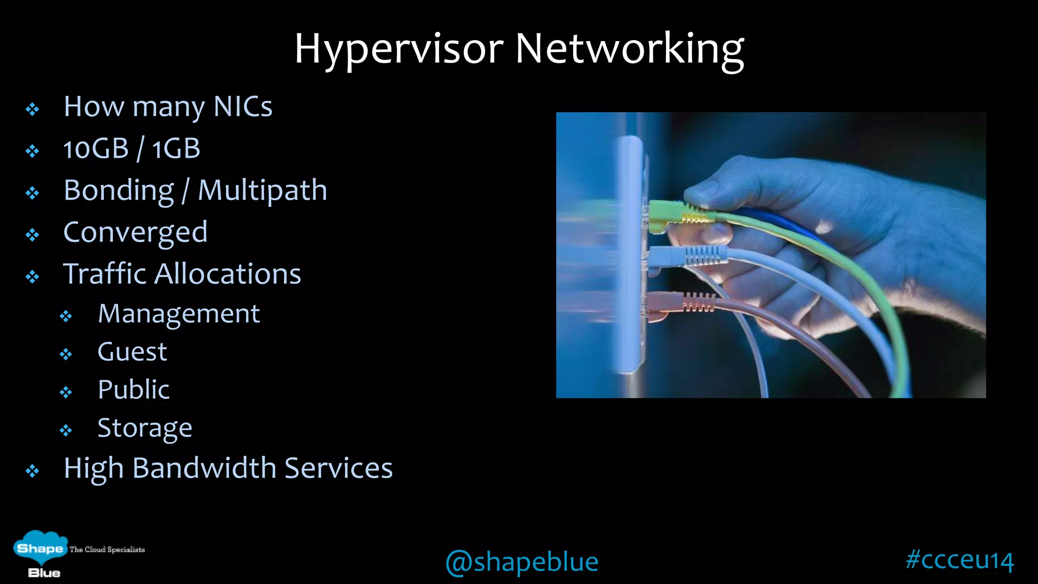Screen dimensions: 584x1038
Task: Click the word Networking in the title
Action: point(629,49)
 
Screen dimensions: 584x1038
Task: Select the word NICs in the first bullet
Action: point(243,107)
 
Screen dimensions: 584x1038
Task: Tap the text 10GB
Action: point(96,149)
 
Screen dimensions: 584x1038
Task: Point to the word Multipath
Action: point(262,191)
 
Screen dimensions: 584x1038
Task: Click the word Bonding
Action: point(119,191)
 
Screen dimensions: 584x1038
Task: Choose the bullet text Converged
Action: point(135,233)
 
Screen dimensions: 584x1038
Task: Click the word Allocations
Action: point(228,274)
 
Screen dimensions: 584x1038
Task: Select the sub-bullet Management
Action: point(178,314)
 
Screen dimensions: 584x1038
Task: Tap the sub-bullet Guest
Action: point(132,352)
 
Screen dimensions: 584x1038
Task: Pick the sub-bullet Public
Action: point(133,390)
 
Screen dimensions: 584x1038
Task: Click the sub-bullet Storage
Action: point(145,428)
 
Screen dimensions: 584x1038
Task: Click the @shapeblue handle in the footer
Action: point(522,562)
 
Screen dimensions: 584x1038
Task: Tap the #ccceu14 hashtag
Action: point(959,560)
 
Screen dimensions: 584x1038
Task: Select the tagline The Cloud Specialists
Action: point(107,550)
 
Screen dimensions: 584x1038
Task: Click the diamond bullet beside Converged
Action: point(32,235)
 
